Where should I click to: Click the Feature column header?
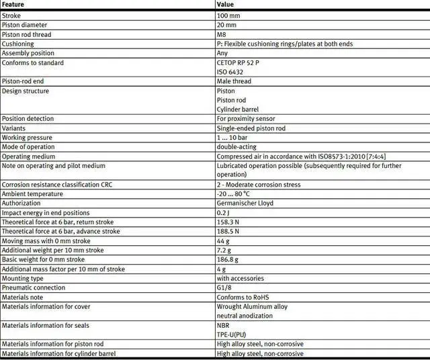click(x=13, y=5)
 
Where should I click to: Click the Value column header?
click(x=225, y=5)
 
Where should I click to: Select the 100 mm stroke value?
click(x=228, y=15)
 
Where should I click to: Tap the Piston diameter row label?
click(x=25, y=25)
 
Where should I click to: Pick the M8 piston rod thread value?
click(x=222, y=34)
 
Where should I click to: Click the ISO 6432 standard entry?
click(x=230, y=72)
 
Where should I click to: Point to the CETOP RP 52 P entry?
click(x=238, y=62)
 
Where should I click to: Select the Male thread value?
click(x=234, y=81)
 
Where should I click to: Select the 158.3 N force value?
click(x=228, y=222)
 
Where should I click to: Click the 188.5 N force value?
click(x=228, y=231)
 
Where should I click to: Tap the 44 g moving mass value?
click(x=223, y=240)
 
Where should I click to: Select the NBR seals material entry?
click(x=223, y=325)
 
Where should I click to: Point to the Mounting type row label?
click(x=23, y=278)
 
